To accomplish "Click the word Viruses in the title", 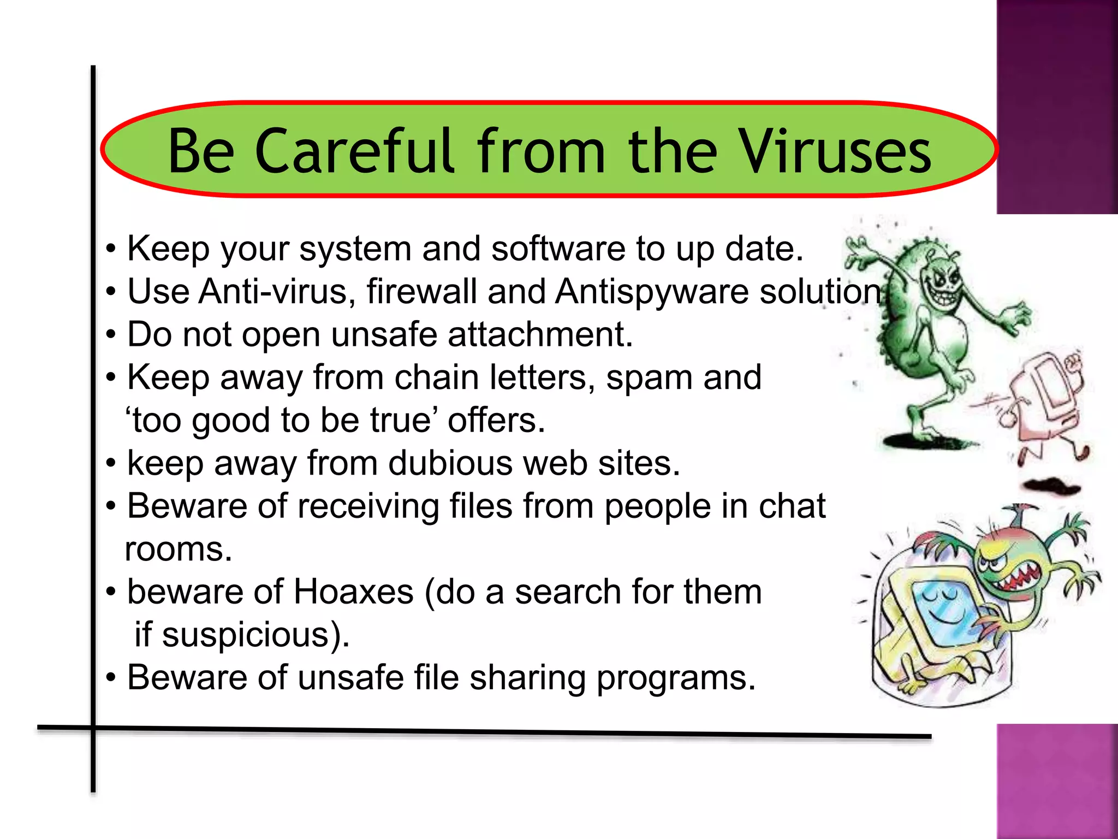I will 835,151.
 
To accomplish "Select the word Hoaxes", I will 354,592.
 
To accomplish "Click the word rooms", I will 179,550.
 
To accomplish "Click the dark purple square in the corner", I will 1057,107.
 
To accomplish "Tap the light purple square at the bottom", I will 1057,781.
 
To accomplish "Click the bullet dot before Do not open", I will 111,335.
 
